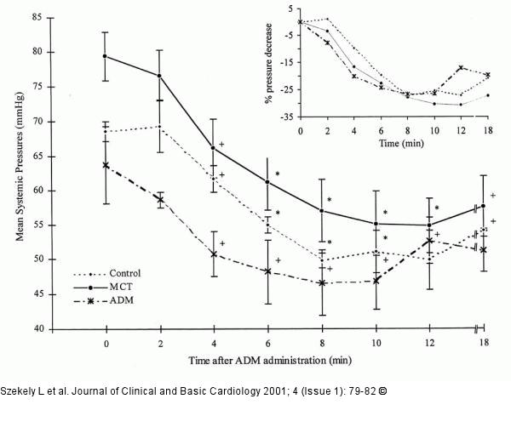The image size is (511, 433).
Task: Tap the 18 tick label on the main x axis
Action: pyautogui.click(x=483, y=344)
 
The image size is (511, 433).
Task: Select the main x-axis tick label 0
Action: pyautogui.click(x=106, y=344)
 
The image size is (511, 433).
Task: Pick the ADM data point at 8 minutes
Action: pyautogui.click(x=321, y=282)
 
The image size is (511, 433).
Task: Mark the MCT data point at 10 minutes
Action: pyautogui.click(x=377, y=224)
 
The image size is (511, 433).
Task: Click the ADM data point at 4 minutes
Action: pyautogui.click(x=214, y=254)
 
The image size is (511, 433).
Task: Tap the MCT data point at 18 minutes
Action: pyautogui.click(x=483, y=206)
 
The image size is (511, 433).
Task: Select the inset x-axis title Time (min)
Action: pyautogui.click(x=400, y=145)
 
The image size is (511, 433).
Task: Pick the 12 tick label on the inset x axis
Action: pyautogui.click(x=461, y=130)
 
